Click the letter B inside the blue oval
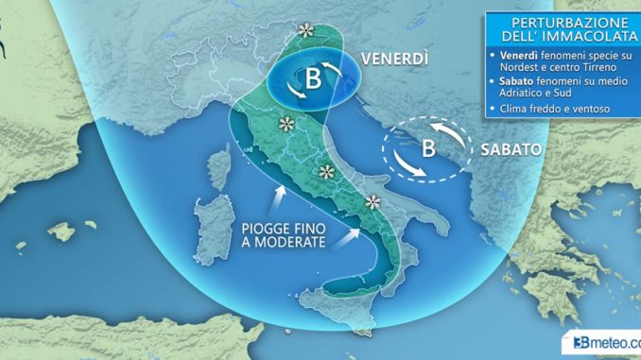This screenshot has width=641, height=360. pyautogui.click(x=313, y=81)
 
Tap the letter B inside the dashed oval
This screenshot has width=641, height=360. pyautogui.click(x=427, y=148)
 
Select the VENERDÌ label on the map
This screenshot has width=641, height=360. pyautogui.click(x=393, y=59)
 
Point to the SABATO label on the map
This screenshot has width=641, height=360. pyautogui.click(x=511, y=149)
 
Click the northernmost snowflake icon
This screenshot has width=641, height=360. pyautogui.click(x=305, y=31)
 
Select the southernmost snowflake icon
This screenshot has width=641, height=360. pyautogui.click(x=373, y=201)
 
